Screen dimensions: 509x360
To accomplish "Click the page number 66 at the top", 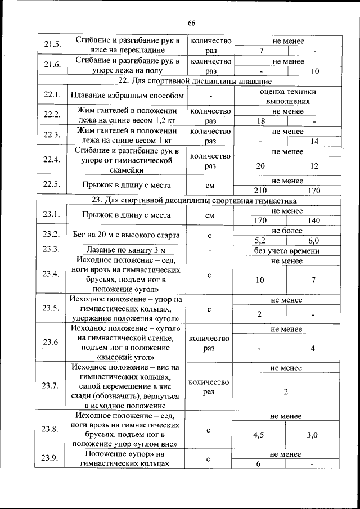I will click(191, 23).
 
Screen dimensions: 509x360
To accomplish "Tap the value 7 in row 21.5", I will click(261, 51).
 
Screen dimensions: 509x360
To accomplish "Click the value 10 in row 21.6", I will click(314, 71).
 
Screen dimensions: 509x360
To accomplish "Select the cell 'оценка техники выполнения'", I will click(287, 96).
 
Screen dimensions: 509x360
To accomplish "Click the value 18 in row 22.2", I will click(260, 121).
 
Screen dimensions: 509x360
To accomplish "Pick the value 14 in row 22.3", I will click(314, 141).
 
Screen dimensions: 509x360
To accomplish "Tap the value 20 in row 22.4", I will click(260, 166).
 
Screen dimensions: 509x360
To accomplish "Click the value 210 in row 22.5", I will click(260, 191).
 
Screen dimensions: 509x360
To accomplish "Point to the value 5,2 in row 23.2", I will click(260, 240).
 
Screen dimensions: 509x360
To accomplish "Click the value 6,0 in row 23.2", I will click(314, 240).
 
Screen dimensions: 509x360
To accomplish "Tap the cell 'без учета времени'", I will click(287, 250).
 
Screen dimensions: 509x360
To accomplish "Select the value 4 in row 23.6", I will click(313, 348).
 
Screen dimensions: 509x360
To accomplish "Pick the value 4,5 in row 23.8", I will click(259, 435).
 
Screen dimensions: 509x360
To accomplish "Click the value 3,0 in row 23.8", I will click(313, 435).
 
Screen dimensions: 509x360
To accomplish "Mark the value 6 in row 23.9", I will click(259, 464).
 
